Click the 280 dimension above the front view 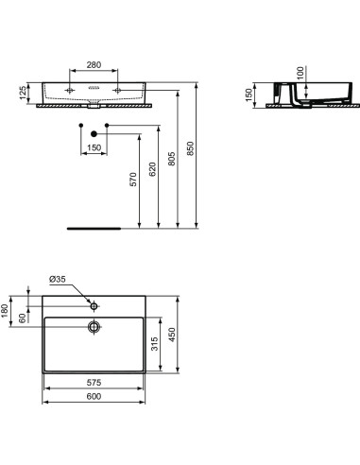coord(94,66)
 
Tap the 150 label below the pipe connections coord(94,147)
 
